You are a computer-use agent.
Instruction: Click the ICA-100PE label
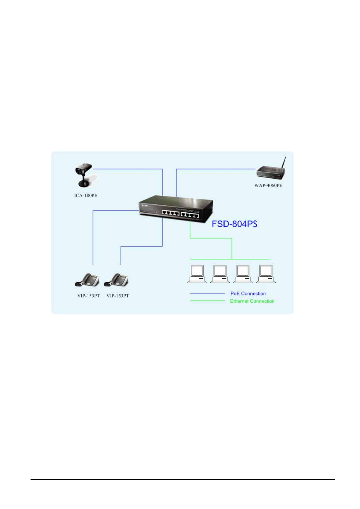pos(86,195)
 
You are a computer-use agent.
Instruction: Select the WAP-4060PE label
pos(268,185)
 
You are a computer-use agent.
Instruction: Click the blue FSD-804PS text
pos(234,224)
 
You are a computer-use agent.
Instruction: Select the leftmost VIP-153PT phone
pos(87,280)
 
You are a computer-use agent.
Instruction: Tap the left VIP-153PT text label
pos(88,295)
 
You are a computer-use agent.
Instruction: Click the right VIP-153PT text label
pos(118,295)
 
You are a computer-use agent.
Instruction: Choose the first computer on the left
pos(197,274)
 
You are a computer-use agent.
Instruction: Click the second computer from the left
pos(220,274)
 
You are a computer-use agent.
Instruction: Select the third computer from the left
pos(243,274)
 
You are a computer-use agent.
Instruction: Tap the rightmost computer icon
pos(266,274)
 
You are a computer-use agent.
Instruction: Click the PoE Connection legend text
pos(248,293)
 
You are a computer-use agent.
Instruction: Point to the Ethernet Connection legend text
pos(252,301)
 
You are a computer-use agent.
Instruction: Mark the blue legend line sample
pos(207,294)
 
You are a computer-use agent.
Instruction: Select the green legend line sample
pos(207,301)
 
